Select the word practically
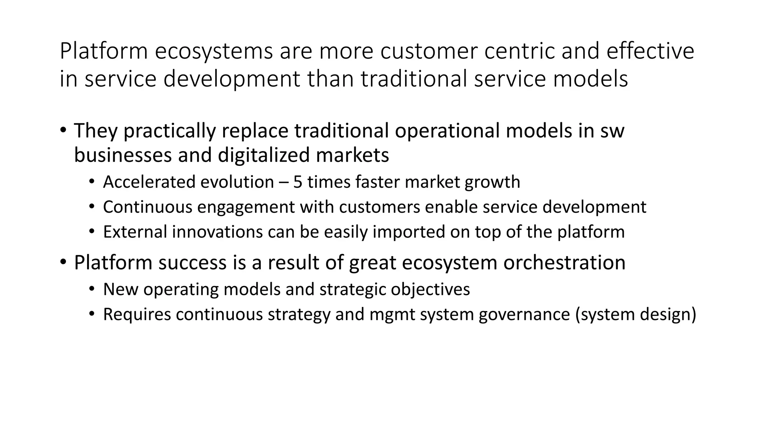click(170, 131)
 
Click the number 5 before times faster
click(298, 182)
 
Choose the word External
click(135, 232)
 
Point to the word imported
click(408, 232)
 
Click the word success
click(192, 263)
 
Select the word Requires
click(137, 315)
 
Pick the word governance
click(524, 315)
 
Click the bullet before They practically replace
click(63, 130)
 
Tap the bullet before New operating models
click(91, 290)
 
